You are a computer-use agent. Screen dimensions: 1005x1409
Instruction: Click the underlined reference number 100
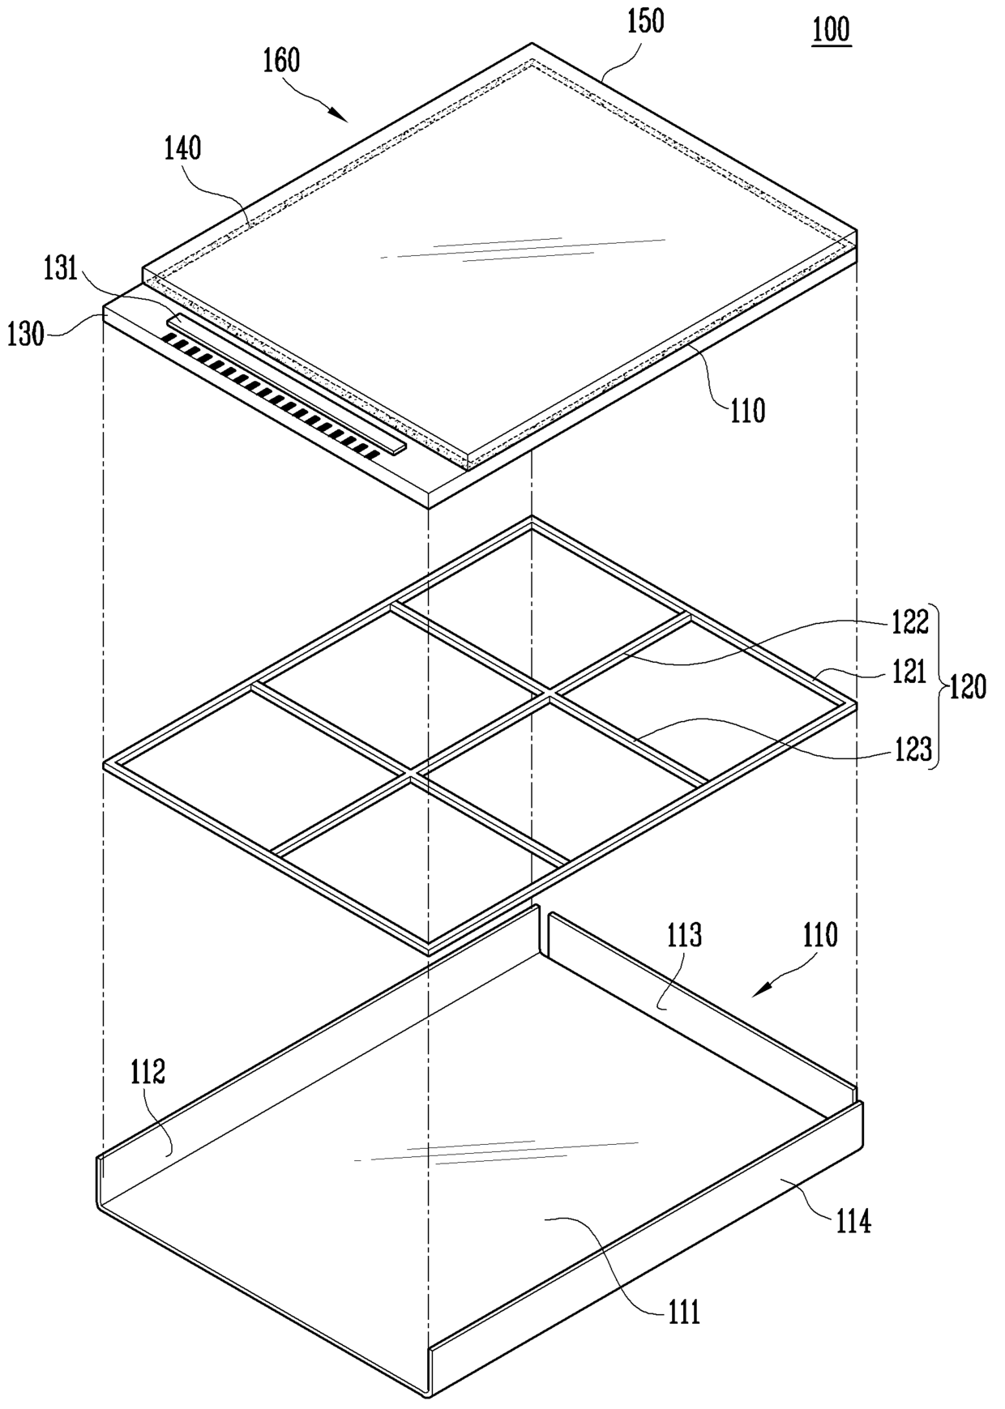tap(832, 30)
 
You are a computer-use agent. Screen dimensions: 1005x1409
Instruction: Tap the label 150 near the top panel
tap(646, 21)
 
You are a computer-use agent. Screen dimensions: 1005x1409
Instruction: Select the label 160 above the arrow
tap(282, 61)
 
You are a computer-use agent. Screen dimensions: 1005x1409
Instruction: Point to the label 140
tap(183, 148)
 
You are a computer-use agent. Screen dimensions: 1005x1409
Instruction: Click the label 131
tap(61, 269)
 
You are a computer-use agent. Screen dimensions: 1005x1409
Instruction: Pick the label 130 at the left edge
tap(25, 334)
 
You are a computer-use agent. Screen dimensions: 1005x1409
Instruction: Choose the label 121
tap(909, 672)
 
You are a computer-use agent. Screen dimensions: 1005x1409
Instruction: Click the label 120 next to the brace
tap(968, 687)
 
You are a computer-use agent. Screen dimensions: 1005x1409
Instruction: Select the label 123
tap(914, 750)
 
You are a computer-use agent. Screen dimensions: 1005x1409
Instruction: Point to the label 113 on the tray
tap(684, 936)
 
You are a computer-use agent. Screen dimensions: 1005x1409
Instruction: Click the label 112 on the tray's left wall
tap(148, 1072)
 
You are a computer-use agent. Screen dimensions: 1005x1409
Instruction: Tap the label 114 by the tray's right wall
tap(853, 1220)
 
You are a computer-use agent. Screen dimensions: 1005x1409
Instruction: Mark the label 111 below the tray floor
tap(684, 1312)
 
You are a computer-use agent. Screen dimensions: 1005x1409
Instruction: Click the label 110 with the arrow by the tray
tap(820, 936)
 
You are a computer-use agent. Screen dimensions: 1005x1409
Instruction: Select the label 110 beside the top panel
tap(747, 411)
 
